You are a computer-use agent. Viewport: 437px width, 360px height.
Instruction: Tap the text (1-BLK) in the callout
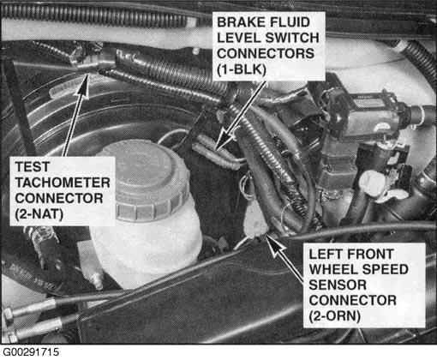click(x=242, y=69)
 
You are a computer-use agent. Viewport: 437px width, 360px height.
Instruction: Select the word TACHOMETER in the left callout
click(x=63, y=183)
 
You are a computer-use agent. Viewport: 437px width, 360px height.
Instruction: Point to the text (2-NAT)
click(x=39, y=214)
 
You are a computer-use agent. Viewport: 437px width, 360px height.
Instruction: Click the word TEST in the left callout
click(x=33, y=167)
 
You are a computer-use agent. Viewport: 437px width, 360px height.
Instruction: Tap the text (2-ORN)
click(x=334, y=316)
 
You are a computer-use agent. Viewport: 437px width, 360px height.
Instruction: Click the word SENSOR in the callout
click(x=338, y=285)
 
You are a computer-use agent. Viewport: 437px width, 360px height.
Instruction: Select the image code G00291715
click(x=31, y=352)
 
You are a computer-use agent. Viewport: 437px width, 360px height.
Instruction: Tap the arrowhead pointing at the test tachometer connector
click(x=83, y=86)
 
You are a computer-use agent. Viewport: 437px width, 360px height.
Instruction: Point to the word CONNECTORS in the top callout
click(x=266, y=53)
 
